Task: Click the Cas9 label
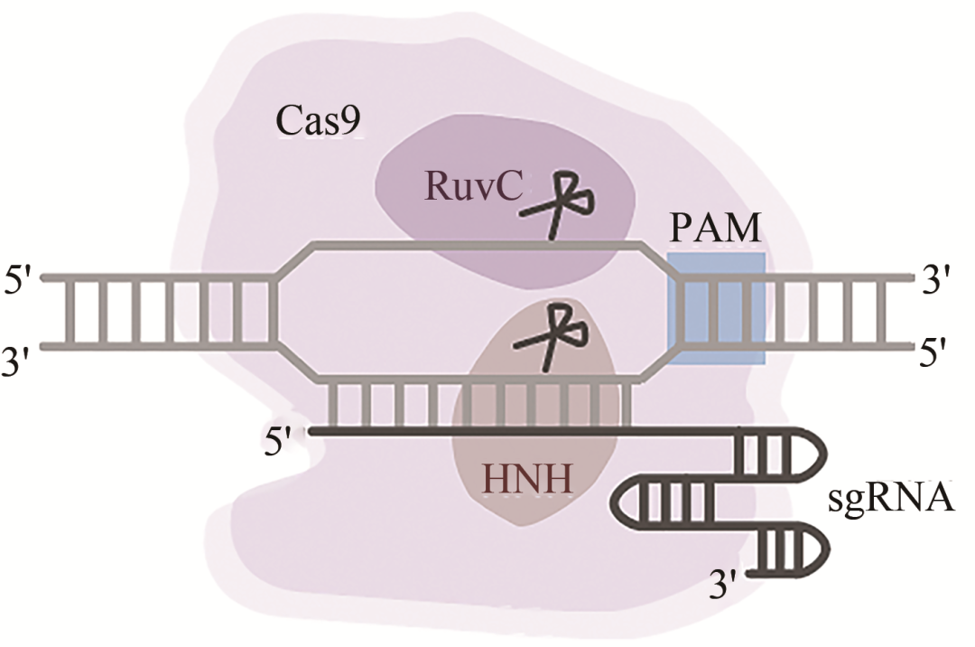[x=318, y=121]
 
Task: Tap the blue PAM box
[x=717, y=308]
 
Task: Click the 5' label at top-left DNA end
[x=20, y=277]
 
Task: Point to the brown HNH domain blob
[x=542, y=452]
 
